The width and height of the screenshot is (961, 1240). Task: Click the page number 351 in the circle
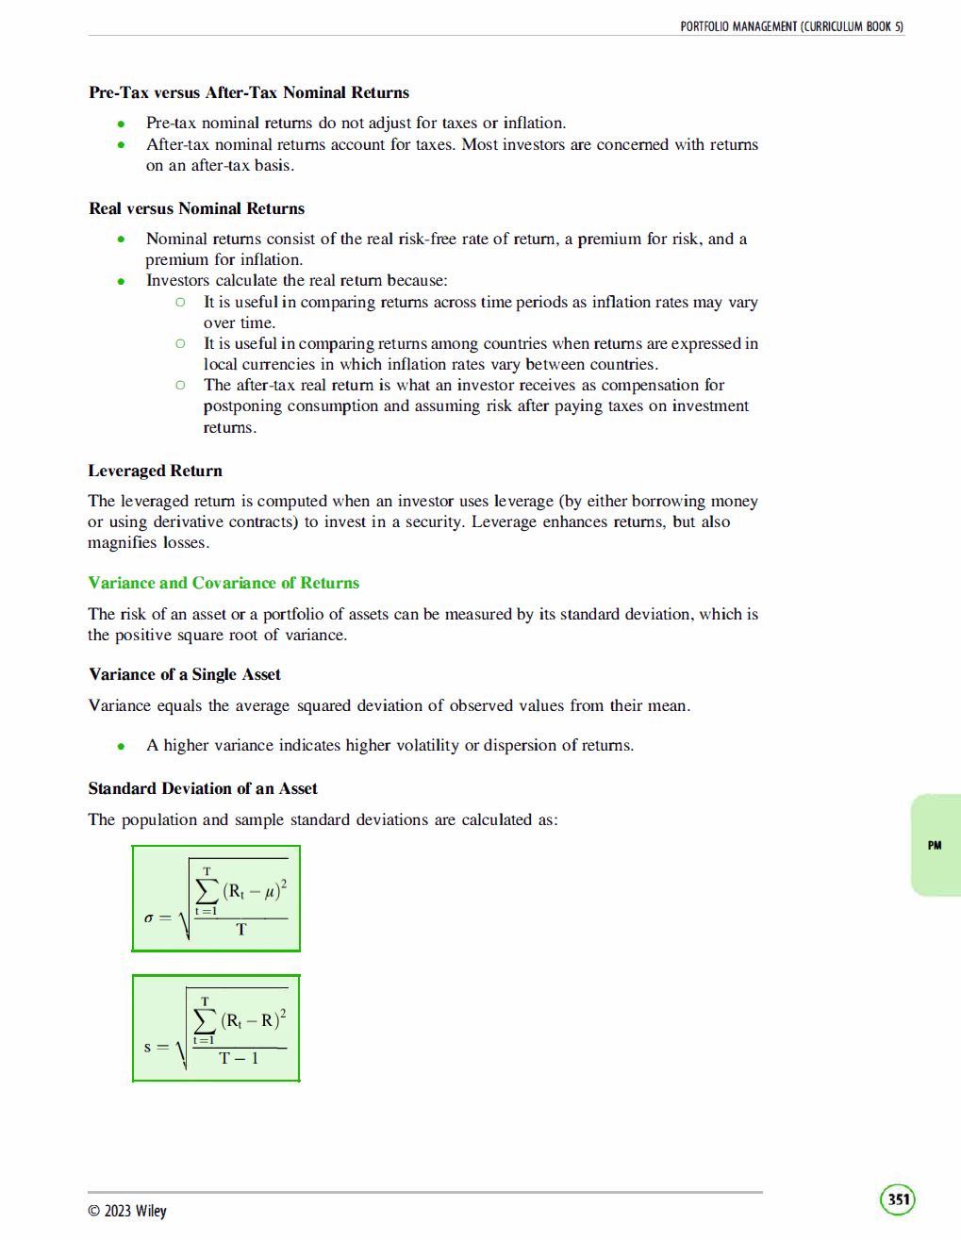tap(899, 1199)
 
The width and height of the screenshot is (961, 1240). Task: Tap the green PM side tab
tap(935, 845)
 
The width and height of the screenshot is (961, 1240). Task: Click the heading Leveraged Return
tap(156, 471)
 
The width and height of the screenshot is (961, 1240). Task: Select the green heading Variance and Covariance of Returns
tap(224, 583)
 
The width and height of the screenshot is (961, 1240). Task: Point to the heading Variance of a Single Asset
tap(185, 674)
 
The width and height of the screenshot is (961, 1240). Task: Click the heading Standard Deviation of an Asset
tap(203, 788)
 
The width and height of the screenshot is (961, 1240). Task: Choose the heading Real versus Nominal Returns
tap(196, 208)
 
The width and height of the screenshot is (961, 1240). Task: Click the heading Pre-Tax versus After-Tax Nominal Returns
tap(249, 92)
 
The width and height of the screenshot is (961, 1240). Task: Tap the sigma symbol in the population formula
tap(148, 918)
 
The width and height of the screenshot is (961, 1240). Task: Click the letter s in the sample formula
tap(147, 1047)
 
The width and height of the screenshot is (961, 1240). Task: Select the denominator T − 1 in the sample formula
tap(239, 1058)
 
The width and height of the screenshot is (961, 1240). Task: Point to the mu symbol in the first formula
tap(271, 890)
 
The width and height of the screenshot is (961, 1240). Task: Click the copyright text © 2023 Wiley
tap(127, 1211)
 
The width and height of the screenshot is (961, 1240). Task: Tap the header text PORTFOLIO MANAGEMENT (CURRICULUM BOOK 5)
tap(791, 26)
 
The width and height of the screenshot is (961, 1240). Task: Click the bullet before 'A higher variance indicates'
tap(122, 746)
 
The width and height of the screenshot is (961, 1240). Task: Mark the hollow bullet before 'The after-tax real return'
tap(180, 385)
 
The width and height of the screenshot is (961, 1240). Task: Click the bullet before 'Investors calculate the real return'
tap(122, 281)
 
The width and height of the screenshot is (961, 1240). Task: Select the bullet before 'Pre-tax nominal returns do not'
tap(122, 124)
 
